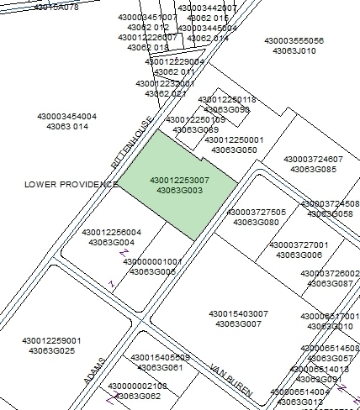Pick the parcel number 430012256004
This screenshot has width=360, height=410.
pos(112,232)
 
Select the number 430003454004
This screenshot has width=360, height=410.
pos(67,117)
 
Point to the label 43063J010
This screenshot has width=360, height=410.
pos(294,50)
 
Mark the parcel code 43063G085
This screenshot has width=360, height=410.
pos(314,170)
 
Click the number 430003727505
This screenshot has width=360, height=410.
pos(257,213)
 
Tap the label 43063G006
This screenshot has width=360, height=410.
pos(299,255)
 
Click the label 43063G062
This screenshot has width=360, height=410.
pos(138,396)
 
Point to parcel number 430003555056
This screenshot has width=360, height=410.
pos(294,40)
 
